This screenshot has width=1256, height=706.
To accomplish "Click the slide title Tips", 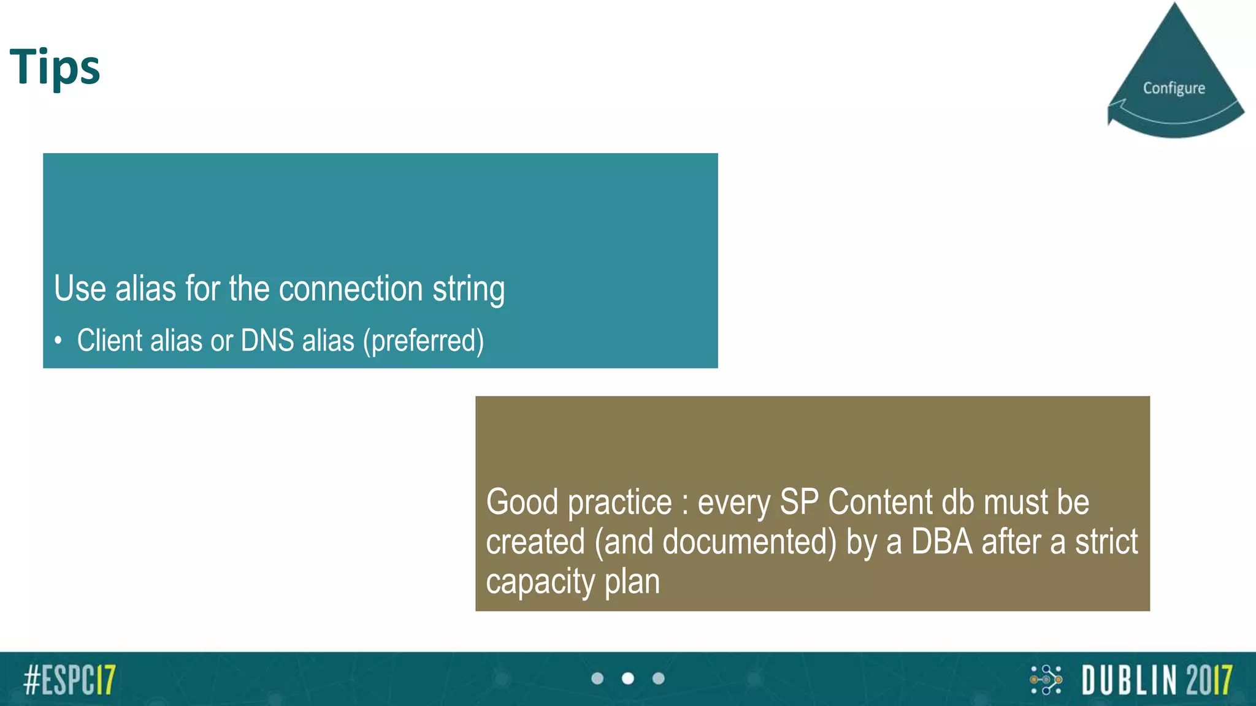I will click(55, 66).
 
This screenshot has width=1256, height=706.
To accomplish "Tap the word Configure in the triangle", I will click(1174, 88).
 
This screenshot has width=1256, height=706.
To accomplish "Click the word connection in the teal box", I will click(351, 289).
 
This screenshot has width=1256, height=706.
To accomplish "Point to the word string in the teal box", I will click(469, 290).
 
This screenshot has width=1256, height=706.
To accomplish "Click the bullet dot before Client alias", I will click(58, 341).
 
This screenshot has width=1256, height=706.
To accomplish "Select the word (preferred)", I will click(423, 341).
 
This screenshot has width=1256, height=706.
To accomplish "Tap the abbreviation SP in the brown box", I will click(799, 502).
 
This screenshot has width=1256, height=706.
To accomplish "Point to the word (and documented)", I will click(715, 542).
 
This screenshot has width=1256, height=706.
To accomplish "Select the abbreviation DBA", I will click(942, 542).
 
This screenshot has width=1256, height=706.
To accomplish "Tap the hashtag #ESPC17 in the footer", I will click(69, 680).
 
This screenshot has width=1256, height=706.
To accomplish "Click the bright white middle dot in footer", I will click(628, 678).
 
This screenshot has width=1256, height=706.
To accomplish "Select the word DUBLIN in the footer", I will click(1129, 680).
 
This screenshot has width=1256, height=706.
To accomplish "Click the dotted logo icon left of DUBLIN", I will click(1046, 680).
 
